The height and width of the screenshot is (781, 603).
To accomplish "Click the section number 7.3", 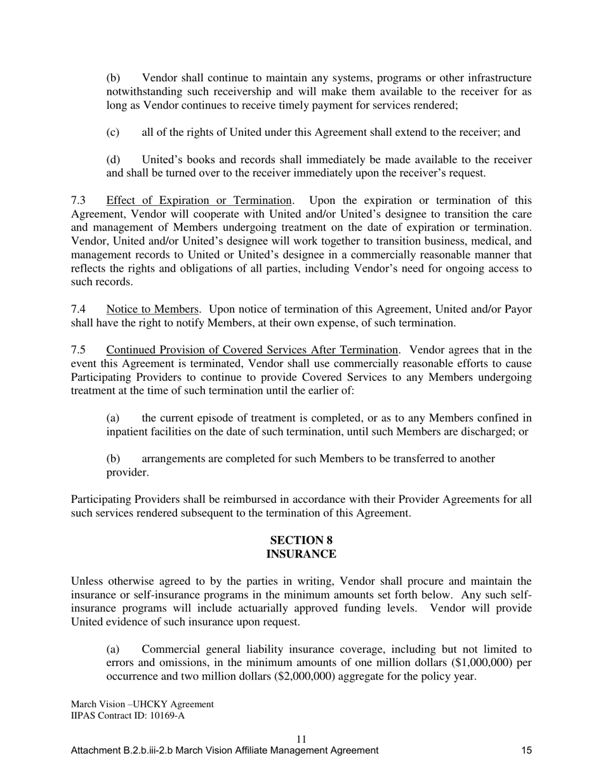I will pyautogui.click(x=78, y=201).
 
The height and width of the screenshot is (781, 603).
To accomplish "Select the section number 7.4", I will pyautogui.click(x=78, y=309).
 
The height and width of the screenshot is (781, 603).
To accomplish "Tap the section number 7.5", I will pyautogui.click(x=78, y=350).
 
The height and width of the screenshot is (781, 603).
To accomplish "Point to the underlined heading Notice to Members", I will pyautogui.click(x=152, y=309).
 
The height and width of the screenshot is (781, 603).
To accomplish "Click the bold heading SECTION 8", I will pyautogui.click(x=301, y=540).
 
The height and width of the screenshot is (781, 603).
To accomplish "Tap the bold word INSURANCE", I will pyautogui.click(x=301, y=554).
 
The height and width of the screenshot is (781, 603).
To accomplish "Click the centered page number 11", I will pyautogui.click(x=301, y=739).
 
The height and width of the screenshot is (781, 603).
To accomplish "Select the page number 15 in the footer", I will pyautogui.click(x=526, y=751).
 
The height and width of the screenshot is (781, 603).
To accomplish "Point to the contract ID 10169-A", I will pyautogui.click(x=165, y=716).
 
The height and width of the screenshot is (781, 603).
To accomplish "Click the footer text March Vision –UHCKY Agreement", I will pyautogui.click(x=142, y=704).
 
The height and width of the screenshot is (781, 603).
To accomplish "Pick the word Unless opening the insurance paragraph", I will pyautogui.click(x=86, y=582).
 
